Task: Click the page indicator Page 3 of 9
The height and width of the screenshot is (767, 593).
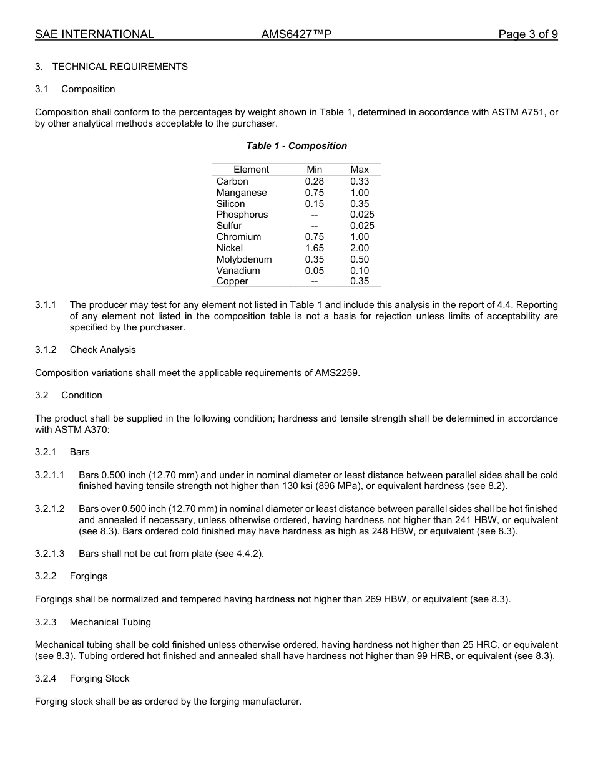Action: click(527, 34)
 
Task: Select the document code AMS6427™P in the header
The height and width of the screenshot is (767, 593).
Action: click(296, 34)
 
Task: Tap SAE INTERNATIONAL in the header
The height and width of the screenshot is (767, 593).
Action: click(94, 34)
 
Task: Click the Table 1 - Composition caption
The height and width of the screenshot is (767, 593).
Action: click(296, 146)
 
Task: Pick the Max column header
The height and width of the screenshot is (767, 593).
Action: click(360, 170)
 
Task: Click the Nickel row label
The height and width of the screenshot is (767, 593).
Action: click(230, 248)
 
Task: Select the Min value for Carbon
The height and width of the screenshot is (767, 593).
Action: click(315, 181)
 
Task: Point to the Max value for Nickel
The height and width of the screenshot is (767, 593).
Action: click(360, 248)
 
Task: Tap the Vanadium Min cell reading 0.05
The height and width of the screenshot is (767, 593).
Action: click(315, 271)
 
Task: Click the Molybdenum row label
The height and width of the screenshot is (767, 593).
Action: click(244, 259)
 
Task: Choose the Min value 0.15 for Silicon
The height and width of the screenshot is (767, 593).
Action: click(315, 204)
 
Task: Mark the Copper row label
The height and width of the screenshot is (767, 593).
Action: click(232, 281)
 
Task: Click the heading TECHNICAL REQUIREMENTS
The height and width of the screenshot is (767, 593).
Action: click(120, 67)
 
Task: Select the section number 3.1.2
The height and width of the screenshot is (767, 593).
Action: click(46, 350)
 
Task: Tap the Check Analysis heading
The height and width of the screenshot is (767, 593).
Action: click(102, 350)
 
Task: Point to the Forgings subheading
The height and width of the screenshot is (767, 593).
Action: click(89, 576)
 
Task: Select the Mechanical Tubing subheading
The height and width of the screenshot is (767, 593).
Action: click(110, 622)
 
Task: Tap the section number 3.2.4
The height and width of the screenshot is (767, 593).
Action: click(46, 678)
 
